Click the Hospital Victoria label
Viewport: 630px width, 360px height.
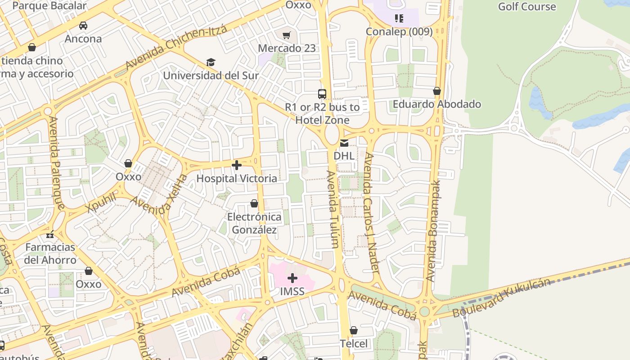pyautogui.click(x=237, y=179)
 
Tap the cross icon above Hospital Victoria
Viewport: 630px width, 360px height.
pyautogui.click(x=237, y=165)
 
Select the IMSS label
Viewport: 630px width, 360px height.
pyautogui.click(x=292, y=292)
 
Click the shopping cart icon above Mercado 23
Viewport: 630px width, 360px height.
pyautogui.click(x=287, y=35)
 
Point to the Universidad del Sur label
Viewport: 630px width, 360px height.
pyautogui.click(x=211, y=75)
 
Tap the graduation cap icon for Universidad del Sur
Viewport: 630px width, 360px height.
pyautogui.click(x=211, y=62)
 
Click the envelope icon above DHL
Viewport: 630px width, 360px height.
pyautogui.click(x=344, y=143)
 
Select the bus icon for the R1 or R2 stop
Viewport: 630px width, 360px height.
pyautogui.click(x=322, y=94)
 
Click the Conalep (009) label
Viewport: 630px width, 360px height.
pyautogui.click(x=399, y=31)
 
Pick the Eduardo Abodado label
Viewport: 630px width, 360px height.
pyautogui.click(x=436, y=104)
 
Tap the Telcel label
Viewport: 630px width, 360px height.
pyautogui.click(x=354, y=344)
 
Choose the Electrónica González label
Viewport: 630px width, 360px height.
pyautogui.click(x=254, y=223)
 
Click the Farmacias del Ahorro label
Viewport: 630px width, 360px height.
pyautogui.click(x=50, y=253)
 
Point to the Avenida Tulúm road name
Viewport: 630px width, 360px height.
pyautogui.click(x=333, y=209)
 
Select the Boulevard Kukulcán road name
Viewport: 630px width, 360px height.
pyautogui.click(x=501, y=298)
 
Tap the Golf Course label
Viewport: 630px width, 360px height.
pyautogui.click(x=526, y=7)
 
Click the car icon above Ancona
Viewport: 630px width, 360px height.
pyautogui.click(x=83, y=26)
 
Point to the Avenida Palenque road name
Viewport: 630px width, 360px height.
pyautogui.click(x=56, y=163)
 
